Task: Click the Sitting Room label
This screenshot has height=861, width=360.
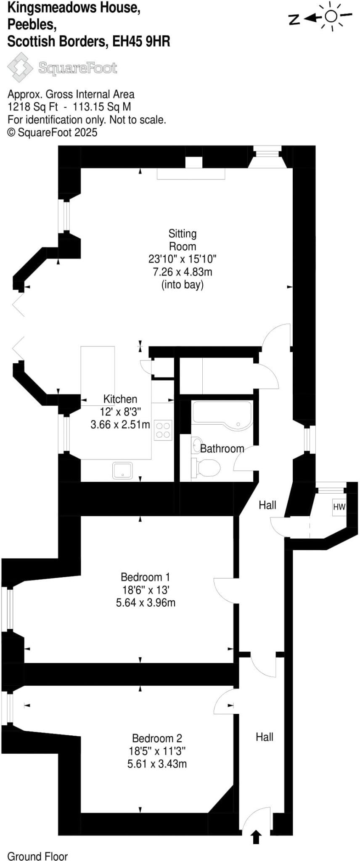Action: [x=182, y=240]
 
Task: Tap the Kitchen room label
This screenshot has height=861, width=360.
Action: [x=120, y=399]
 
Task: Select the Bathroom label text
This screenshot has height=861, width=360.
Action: [x=222, y=449]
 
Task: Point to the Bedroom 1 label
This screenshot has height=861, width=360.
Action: [x=145, y=577]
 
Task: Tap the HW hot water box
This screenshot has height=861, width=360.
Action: [x=339, y=507]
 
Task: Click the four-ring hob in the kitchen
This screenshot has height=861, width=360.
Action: [x=163, y=430]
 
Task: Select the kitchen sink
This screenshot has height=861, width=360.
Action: [x=122, y=470]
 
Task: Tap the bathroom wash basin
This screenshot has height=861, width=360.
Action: [x=196, y=445]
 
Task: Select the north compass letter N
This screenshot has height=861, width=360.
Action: [x=294, y=19]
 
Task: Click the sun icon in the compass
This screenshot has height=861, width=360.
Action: [x=331, y=16]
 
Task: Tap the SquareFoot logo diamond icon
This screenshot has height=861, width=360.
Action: [x=20, y=67]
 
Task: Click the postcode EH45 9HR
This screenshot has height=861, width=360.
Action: [x=141, y=42]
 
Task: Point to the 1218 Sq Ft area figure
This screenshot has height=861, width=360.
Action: [x=33, y=107]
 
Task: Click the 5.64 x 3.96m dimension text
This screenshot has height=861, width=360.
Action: [x=146, y=602]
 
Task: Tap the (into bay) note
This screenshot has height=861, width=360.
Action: [x=182, y=285]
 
